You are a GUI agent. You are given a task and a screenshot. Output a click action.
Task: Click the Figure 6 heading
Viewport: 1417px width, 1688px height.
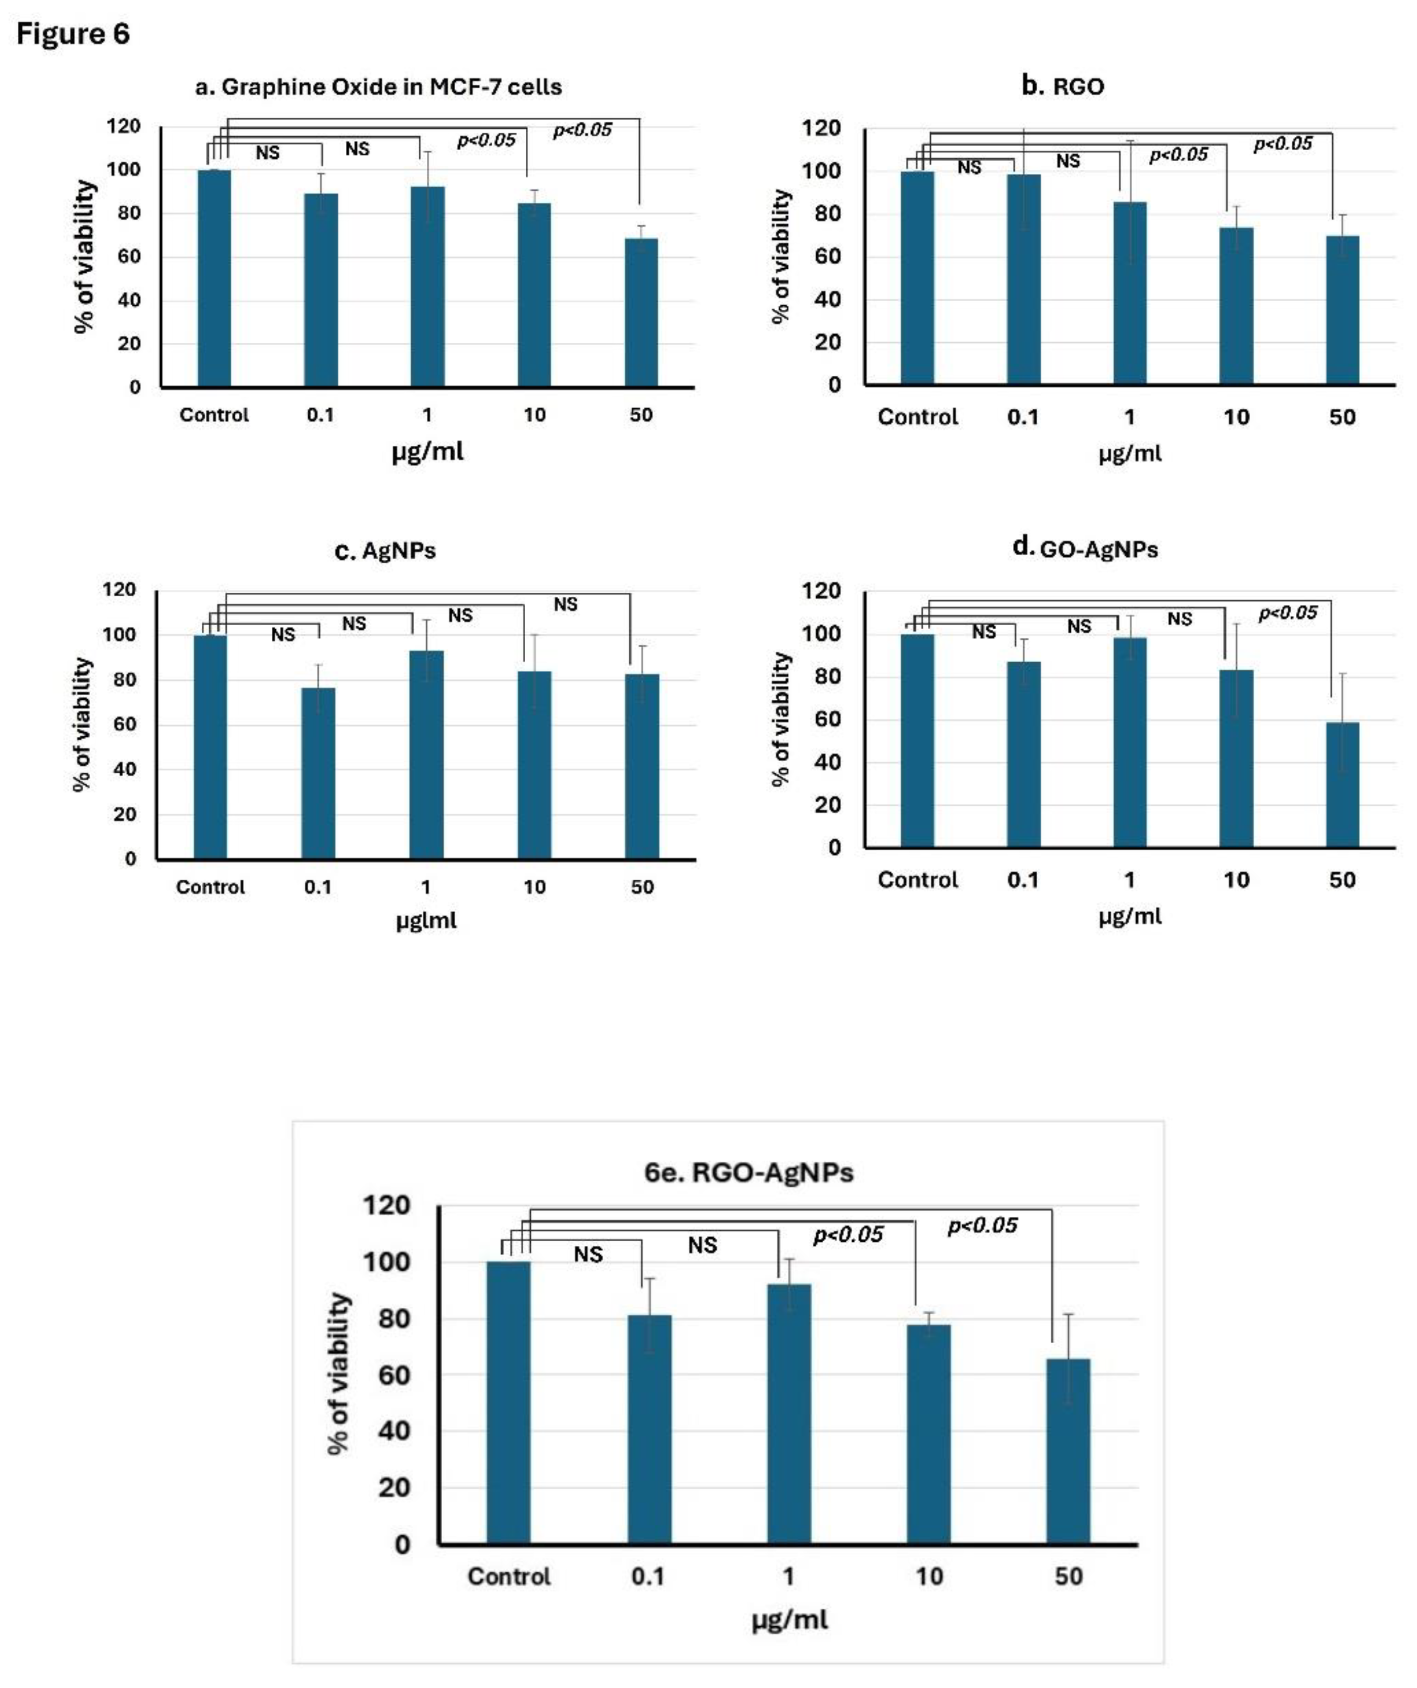(72, 34)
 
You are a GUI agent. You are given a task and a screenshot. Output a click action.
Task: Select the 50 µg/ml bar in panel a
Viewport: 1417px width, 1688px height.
(641, 313)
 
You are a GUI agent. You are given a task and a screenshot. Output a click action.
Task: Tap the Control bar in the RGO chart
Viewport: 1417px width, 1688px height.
(917, 277)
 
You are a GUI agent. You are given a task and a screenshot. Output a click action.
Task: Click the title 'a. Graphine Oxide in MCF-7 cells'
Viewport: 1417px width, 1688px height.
(378, 87)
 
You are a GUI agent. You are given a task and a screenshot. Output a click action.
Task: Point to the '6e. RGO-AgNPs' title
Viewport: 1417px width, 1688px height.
(748, 1173)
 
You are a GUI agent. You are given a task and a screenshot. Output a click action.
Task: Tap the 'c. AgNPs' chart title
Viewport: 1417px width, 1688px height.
(385, 551)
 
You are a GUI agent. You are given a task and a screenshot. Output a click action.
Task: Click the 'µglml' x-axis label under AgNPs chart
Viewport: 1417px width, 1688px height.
(426, 920)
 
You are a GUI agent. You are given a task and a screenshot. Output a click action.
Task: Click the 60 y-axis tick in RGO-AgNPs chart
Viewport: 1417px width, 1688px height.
(394, 1375)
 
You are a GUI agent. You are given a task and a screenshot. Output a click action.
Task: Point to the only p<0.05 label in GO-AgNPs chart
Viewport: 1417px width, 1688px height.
(1288, 614)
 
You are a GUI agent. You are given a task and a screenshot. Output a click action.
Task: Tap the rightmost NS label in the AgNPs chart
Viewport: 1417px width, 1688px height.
(565, 604)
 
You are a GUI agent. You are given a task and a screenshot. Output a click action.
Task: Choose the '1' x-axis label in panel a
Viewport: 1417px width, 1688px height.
(427, 415)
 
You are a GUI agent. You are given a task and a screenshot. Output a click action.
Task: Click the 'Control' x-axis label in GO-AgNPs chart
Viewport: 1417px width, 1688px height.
(917, 880)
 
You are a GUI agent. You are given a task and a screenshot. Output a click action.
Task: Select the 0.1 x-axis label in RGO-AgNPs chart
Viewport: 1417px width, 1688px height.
(648, 1576)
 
